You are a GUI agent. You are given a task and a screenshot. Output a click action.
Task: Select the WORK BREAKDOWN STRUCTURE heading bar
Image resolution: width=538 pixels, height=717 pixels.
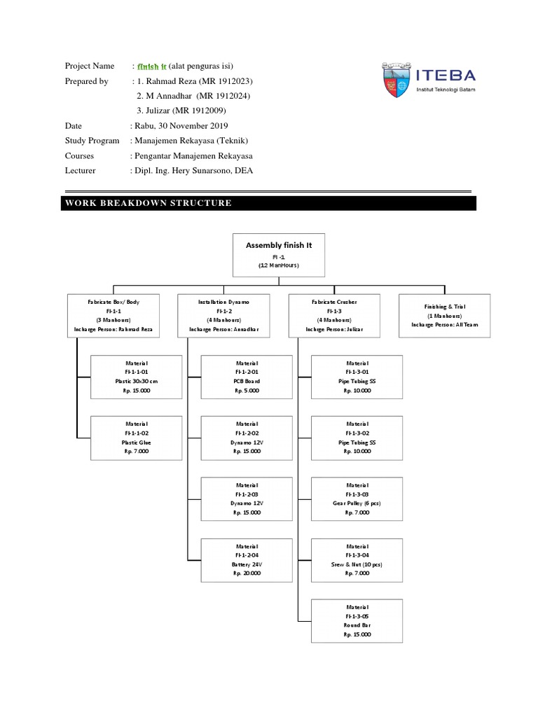click(x=270, y=203)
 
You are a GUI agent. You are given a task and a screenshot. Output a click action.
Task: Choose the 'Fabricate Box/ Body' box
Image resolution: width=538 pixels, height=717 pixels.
click(x=113, y=315)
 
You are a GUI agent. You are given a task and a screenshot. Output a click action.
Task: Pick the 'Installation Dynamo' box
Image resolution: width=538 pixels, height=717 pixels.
click(x=224, y=315)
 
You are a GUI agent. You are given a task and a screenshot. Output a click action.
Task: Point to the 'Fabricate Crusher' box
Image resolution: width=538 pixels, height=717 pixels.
click(x=334, y=315)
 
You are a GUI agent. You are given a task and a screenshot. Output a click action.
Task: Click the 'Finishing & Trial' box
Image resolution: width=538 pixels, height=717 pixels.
click(x=444, y=316)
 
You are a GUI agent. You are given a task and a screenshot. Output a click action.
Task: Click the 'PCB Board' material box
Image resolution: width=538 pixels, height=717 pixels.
click(x=247, y=377)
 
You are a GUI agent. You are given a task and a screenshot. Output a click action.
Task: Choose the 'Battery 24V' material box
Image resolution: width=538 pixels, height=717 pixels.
click(x=247, y=559)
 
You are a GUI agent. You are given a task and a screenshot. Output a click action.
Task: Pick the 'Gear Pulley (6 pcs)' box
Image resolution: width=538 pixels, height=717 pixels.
click(x=357, y=499)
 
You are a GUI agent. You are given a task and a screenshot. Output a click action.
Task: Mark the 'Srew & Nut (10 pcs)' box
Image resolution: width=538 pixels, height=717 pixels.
click(x=357, y=559)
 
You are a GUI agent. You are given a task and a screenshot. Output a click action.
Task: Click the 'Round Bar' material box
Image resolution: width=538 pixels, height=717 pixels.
click(x=357, y=620)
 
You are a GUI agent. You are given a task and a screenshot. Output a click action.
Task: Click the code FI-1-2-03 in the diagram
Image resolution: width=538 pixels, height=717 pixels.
click(x=247, y=494)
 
